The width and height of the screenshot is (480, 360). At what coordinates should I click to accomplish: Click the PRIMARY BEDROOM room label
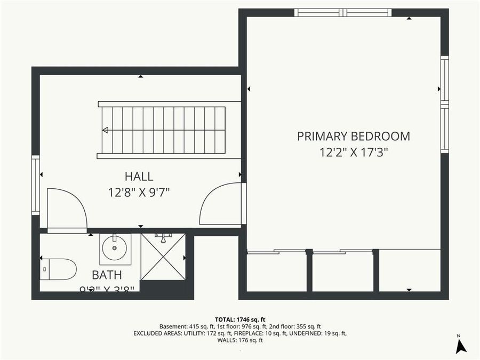354,136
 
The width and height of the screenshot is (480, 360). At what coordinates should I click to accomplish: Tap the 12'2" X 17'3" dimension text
354,153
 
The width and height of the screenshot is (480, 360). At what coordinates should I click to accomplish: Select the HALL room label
139,177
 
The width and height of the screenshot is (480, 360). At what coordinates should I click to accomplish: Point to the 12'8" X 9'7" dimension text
139,192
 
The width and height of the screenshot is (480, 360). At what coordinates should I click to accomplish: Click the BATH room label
107,275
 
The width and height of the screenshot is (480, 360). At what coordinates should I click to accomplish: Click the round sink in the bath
115,247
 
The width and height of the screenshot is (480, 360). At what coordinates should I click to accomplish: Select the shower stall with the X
163,257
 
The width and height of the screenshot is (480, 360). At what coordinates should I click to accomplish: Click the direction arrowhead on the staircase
105,130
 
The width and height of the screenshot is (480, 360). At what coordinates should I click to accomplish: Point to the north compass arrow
461,346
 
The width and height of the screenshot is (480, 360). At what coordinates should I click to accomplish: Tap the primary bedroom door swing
221,204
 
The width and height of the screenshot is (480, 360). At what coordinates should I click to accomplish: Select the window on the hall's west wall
36,185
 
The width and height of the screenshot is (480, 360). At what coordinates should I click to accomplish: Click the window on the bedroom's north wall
343,13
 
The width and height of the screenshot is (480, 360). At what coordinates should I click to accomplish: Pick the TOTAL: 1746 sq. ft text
239,319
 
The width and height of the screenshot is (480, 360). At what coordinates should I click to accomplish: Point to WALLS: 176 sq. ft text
239,340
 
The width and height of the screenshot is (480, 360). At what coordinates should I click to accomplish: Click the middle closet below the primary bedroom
342,272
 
